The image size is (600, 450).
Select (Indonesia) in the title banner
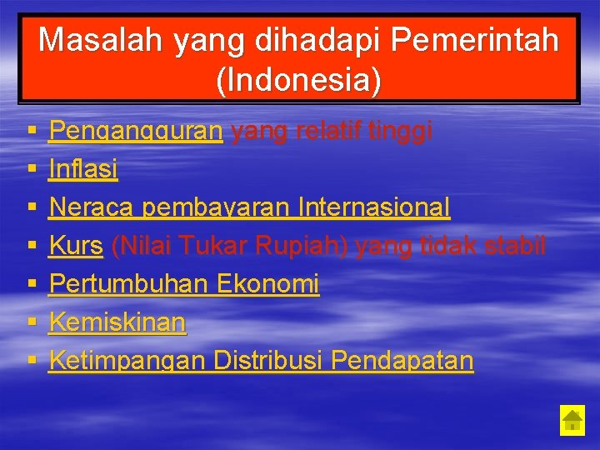point(298,80)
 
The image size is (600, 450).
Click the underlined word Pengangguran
point(136,132)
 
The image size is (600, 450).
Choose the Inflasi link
point(83,170)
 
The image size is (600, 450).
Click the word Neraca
point(92,207)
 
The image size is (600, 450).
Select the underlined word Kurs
point(76,246)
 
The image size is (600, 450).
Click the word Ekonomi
point(267,284)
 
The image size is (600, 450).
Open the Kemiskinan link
point(117,322)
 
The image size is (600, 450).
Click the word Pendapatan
point(402,361)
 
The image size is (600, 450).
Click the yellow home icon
point(572,419)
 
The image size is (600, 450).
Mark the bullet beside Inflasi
point(31,171)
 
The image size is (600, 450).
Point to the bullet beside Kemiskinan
point(31,323)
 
